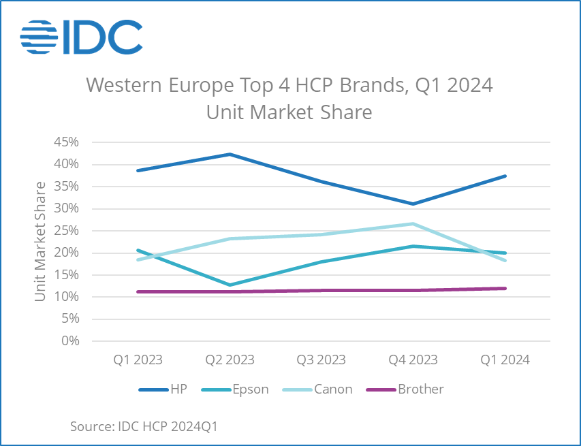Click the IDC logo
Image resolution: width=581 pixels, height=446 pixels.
tap(81, 37)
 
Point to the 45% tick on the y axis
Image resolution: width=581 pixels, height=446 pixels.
tap(67, 142)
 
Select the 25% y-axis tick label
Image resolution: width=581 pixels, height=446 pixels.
tap(67, 231)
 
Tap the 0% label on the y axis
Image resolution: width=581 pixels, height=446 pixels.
tap(70, 341)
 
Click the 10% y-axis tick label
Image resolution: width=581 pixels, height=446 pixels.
tap(67, 297)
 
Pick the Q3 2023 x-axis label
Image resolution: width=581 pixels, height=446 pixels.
tap(321, 360)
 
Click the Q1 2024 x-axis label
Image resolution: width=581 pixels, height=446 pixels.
tap(505, 360)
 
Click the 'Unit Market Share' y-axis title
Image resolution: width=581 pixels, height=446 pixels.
tap(41, 242)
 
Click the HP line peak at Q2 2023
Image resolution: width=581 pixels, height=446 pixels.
tap(230, 155)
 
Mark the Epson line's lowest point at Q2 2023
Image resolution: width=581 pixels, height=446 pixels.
tap(230, 285)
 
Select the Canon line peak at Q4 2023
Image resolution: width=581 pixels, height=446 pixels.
tap(413, 223)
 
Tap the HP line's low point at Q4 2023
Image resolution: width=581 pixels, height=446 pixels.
tap(413, 204)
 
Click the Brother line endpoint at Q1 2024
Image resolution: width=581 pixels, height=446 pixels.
tap(505, 288)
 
